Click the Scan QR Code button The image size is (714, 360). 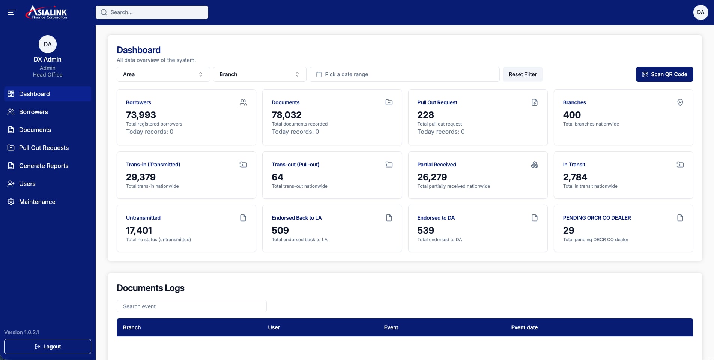click(x=664, y=74)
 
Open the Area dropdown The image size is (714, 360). click(x=163, y=74)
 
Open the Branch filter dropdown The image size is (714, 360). click(x=260, y=74)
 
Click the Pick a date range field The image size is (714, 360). click(x=404, y=74)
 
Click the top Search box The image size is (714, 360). click(x=152, y=12)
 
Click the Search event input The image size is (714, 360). click(x=192, y=306)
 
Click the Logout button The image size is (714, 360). click(x=48, y=346)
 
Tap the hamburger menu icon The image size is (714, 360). click(x=11, y=12)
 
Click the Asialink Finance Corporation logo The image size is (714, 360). click(x=46, y=12)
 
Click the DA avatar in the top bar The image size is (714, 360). click(x=700, y=12)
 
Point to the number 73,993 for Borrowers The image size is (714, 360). click(x=141, y=115)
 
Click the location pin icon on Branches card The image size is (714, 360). click(x=680, y=102)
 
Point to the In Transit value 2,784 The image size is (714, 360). click(x=575, y=177)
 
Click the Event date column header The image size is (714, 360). click(x=524, y=327)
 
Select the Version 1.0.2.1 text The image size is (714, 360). click(x=22, y=332)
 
